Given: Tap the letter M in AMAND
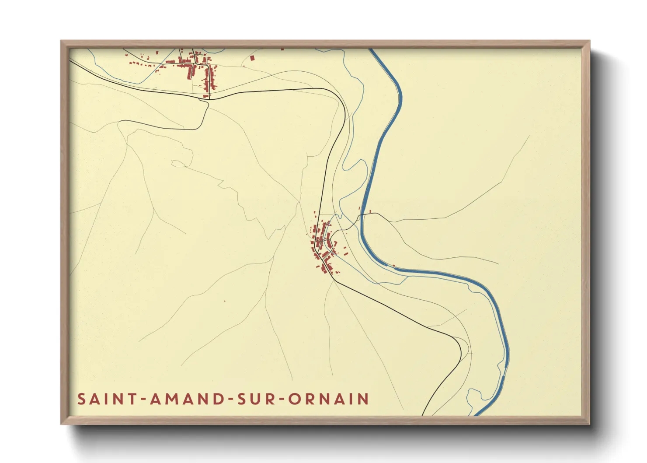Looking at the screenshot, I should [x=171, y=399].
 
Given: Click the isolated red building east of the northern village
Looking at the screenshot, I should [x=252, y=57].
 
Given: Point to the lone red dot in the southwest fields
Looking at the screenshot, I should [x=225, y=301].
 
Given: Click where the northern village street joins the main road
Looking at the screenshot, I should [x=209, y=98].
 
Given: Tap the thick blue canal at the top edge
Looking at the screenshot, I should [x=372, y=50].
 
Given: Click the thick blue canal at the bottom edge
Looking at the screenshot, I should [x=478, y=414].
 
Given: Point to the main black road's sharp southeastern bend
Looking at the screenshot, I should [x=460, y=350].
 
